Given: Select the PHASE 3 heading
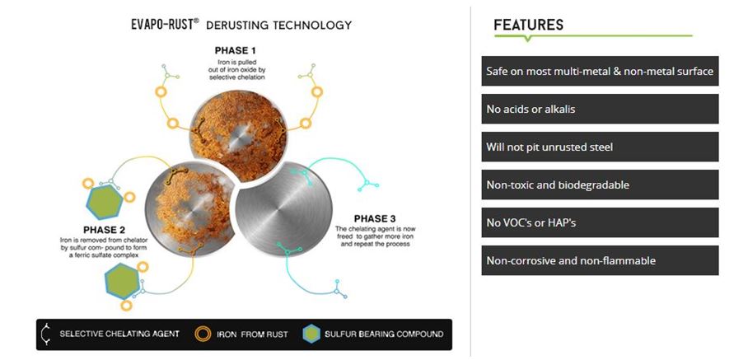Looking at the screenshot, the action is pos(375,219).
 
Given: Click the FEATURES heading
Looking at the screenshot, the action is pos(529,25).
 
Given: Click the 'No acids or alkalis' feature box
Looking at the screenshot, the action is pos(600,109).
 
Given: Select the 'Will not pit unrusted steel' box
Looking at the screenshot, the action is pos(600,147).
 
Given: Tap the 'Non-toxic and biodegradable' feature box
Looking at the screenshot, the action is pos(600,185).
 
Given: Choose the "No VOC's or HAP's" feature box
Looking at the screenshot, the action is pos(600,222).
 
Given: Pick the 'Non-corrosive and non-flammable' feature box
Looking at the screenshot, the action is pos(600,260).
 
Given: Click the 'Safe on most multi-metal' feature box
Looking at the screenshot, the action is pos(600,71).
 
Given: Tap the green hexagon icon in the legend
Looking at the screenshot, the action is pos(311,334).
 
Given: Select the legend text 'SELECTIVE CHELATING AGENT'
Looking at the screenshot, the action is pos(119,334).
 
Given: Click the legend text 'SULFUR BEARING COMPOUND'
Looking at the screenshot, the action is pos(384,334).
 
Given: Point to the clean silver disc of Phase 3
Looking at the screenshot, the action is pos(284,211).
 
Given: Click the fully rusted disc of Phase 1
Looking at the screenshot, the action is pos(239,136).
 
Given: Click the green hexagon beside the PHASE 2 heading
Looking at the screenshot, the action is pos(105,202).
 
